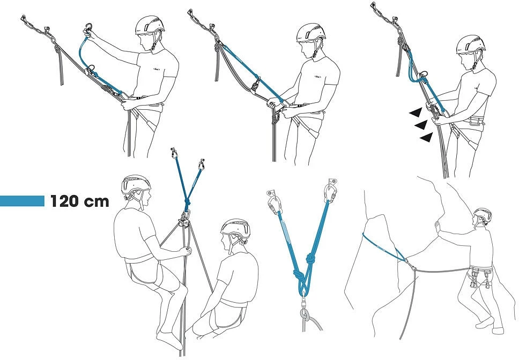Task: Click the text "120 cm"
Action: [x=79, y=201]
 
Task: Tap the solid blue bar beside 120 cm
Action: [x=22, y=201]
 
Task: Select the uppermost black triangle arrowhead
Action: [x=416, y=112]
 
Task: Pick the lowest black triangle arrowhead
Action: [x=426, y=137]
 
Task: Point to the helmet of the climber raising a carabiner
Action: [x=150, y=25]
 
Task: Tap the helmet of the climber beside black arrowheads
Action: [x=470, y=44]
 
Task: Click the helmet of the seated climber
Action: [x=235, y=228]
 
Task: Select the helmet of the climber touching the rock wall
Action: [x=482, y=215]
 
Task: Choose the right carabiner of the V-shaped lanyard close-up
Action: [x=331, y=190]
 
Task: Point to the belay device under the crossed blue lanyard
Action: [x=184, y=219]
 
